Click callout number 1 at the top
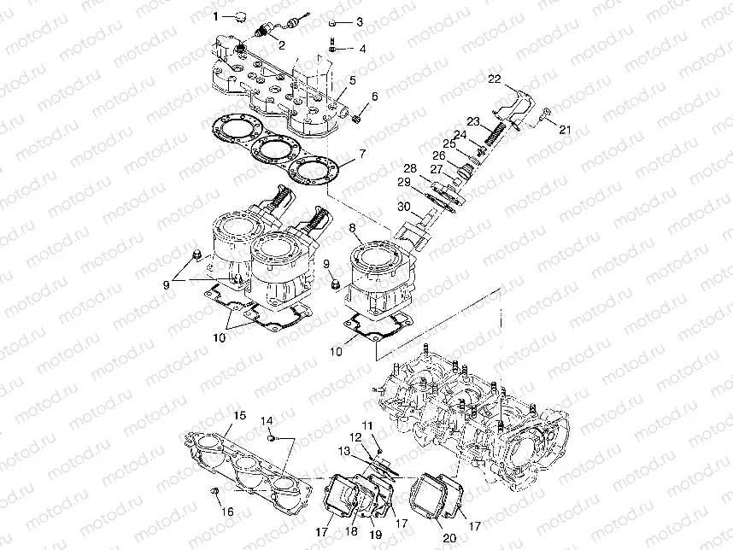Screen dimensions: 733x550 pos(216,17)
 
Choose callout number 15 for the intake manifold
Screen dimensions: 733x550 pos(239,415)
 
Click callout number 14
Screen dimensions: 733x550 pos(267,421)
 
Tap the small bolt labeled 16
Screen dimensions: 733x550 pos(215,491)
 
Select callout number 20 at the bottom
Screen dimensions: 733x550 pos(449,538)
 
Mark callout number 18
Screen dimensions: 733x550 pos(351,531)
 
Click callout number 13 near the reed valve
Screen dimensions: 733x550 pos(344,451)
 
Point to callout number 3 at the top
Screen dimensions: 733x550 pos(359,22)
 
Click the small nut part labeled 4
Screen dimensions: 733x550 pos(332,49)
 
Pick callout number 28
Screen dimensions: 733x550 pos(410,167)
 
